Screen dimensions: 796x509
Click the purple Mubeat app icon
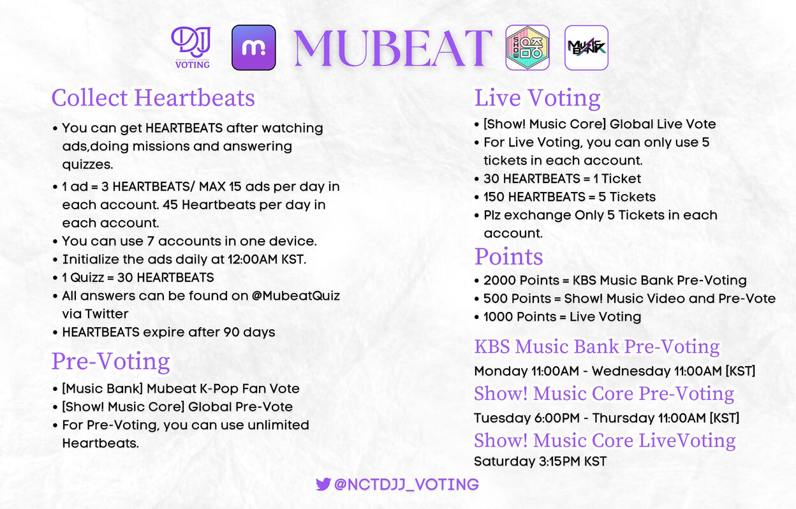coord(254,47)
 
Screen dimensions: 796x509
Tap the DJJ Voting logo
coord(191,47)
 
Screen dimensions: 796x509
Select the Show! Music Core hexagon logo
coord(527,47)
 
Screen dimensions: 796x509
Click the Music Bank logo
coord(586,47)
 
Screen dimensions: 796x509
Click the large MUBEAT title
coord(393,48)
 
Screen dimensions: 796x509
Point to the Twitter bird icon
coord(323,484)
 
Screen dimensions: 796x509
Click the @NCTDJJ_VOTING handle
coord(406,485)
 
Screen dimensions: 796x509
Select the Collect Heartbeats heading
coord(153,98)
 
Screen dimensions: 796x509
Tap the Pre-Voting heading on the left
coord(111,362)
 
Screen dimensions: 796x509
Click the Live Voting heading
coord(537,98)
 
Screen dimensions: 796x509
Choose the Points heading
coord(509,256)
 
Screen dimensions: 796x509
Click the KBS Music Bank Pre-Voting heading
coord(597,346)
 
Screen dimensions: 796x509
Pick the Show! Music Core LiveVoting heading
coord(605,440)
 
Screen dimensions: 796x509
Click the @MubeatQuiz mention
coord(296,296)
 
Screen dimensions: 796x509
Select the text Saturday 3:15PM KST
coord(540,461)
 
